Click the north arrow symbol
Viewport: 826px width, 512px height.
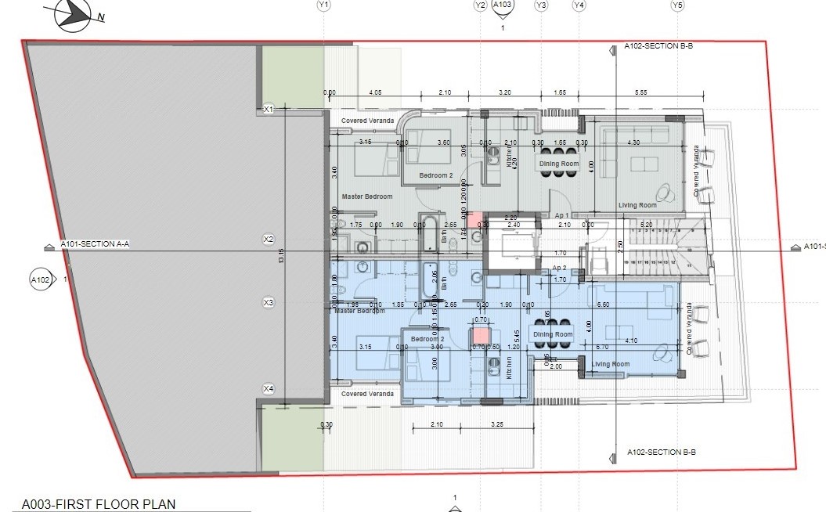click(x=68, y=12)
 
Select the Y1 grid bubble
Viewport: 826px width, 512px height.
click(x=324, y=5)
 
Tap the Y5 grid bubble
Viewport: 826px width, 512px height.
click(x=677, y=5)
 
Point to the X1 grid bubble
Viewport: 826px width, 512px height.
click(x=269, y=109)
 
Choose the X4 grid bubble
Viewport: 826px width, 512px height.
click(x=269, y=388)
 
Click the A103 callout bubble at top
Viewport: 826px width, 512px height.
click(x=503, y=5)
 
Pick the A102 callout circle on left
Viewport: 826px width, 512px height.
click(x=40, y=279)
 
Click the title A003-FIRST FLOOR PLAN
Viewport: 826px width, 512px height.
click(x=99, y=505)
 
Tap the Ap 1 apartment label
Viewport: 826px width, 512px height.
click(x=561, y=215)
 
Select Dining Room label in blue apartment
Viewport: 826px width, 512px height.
click(x=554, y=334)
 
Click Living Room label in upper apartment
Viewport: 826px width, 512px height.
click(x=637, y=205)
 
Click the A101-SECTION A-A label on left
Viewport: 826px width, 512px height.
click(x=95, y=245)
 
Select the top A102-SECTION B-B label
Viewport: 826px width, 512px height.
click(x=658, y=47)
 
